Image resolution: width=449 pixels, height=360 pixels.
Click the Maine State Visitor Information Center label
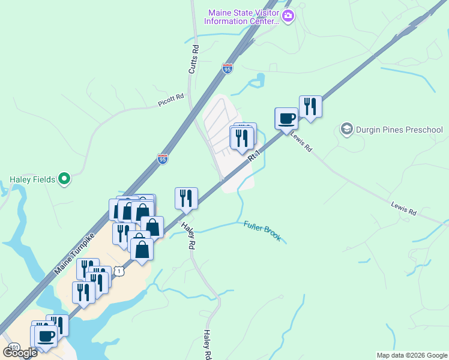click(x=242, y=17)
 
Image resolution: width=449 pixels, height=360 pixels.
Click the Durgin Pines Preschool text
click(x=399, y=130)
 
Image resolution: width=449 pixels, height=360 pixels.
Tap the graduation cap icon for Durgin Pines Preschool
click(x=346, y=129)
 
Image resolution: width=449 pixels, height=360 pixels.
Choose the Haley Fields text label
click(x=32, y=179)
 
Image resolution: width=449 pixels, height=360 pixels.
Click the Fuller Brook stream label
click(x=262, y=231)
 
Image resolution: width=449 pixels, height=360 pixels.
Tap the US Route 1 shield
click(x=120, y=272)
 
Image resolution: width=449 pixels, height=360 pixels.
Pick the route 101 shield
click(x=14, y=347)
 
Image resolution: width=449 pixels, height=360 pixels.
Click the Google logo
click(x=20, y=352)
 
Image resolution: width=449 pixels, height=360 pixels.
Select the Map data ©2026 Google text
click(x=412, y=355)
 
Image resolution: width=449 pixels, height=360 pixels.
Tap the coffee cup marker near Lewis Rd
click(x=286, y=118)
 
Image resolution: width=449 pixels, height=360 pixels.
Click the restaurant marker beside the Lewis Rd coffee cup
click(x=310, y=107)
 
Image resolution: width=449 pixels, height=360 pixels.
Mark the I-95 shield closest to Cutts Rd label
click(x=227, y=69)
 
